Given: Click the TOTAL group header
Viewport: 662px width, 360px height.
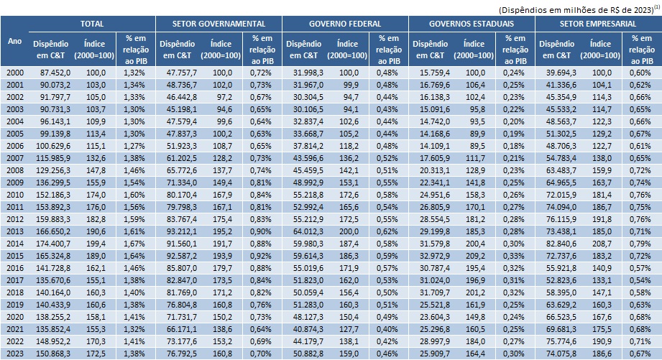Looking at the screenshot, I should [x=91, y=23].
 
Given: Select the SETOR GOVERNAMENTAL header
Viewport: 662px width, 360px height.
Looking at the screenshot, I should [x=219, y=23].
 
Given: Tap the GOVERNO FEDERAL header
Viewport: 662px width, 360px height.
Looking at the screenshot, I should [x=345, y=23].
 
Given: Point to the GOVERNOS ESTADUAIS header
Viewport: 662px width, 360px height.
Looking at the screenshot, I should [x=472, y=23].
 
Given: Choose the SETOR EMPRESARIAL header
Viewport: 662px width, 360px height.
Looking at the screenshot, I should [x=598, y=23].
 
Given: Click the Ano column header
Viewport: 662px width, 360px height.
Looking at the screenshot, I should [x=14, y=41].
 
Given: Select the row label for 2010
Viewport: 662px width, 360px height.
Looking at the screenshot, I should [x=14, y=194].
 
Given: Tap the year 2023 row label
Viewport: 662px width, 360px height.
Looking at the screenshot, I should [x=14, y=354].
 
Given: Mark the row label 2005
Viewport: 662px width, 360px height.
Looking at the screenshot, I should [x=14, y=133].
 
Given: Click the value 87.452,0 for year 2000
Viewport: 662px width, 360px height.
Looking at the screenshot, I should [x=55, y=72].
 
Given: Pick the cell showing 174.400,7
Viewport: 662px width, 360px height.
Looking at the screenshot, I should [x=55, y=244].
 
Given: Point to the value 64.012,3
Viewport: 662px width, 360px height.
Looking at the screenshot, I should [x=308, y=231].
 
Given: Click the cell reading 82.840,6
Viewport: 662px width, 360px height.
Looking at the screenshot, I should [x=561, y=244].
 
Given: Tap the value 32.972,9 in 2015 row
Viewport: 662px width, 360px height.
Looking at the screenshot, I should [x=435, y=256].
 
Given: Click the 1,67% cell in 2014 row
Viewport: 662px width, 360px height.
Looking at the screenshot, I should [x=134, y=244].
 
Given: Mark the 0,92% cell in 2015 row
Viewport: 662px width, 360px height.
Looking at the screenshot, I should [x=261, y=256].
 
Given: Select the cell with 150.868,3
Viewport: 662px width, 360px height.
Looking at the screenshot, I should [x=55, y=354].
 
